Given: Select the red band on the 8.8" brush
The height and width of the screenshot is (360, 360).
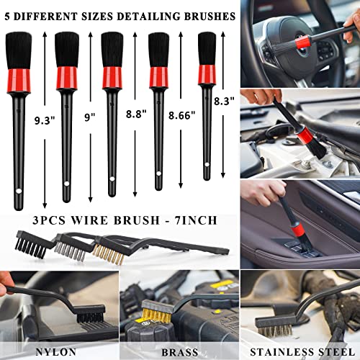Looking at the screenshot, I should [112, 77].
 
